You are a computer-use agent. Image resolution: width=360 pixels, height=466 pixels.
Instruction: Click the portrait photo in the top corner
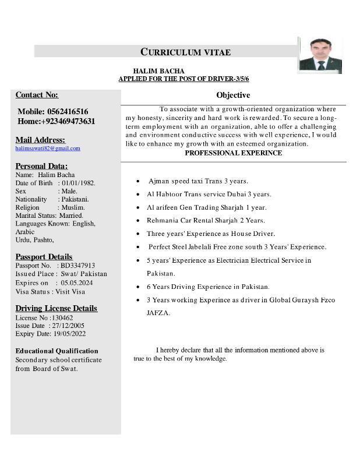coord(319,56)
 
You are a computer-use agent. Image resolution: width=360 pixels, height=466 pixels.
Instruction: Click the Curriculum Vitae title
coord(185,52)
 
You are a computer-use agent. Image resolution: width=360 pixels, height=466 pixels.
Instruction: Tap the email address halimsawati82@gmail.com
coord(48,149)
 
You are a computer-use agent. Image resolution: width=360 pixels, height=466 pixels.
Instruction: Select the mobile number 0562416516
coord(68,111)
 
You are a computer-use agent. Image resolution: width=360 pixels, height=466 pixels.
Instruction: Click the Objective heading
coord(233,95)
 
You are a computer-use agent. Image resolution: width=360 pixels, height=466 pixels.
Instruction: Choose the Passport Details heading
coord(44,256)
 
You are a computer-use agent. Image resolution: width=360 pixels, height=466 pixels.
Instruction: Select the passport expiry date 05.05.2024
coord(77,283)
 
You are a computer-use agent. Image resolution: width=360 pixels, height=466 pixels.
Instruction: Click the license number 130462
coord(62,317)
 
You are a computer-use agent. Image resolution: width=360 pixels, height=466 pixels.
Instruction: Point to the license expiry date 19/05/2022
coord(69,334)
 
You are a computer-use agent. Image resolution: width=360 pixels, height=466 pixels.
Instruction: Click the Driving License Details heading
coord(56,308)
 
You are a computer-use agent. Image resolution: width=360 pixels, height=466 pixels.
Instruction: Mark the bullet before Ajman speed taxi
coord(137,182)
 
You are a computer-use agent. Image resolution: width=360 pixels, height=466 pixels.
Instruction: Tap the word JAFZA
coord(158,313)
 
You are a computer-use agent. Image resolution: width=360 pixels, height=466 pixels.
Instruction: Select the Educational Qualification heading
coord(57,351)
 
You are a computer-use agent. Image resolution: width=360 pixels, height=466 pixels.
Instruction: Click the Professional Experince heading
coord(233,153)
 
